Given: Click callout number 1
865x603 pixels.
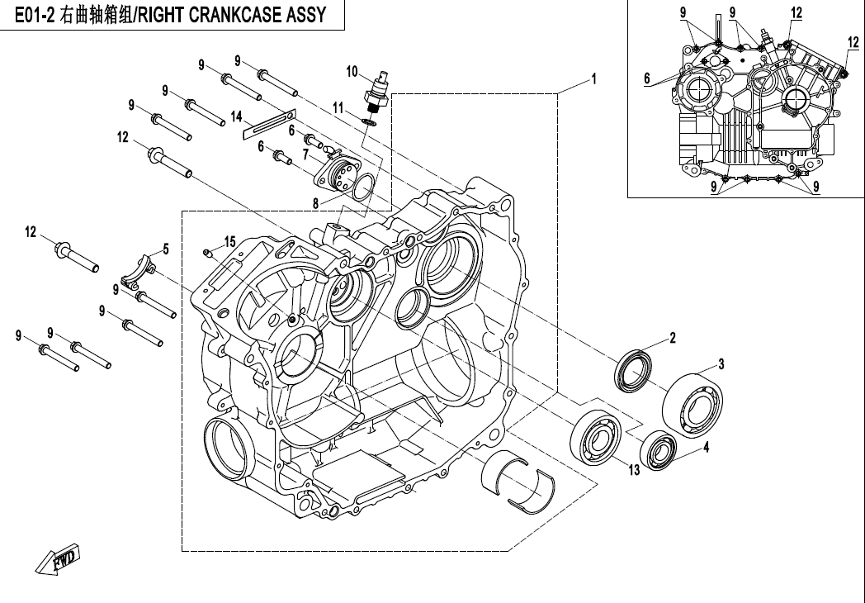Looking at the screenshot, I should pos(593,79).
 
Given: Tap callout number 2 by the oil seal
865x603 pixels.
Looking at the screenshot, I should pos(673,338).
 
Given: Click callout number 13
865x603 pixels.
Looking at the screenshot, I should pos(633,470).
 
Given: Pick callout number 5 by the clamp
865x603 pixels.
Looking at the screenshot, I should pos(165,248).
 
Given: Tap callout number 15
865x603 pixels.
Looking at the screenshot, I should pos(230,241).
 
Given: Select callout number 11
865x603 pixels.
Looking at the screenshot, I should pos(338,108).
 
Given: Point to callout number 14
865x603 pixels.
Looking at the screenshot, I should pos(236,116).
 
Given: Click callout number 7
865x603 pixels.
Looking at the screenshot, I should pos(305,154).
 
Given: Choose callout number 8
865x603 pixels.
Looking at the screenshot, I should pos(314,202).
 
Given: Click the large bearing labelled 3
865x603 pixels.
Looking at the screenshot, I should pos(694,402).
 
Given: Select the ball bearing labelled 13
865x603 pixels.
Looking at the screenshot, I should pos(593,437).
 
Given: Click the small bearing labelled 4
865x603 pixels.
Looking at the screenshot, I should pos(660,451).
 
